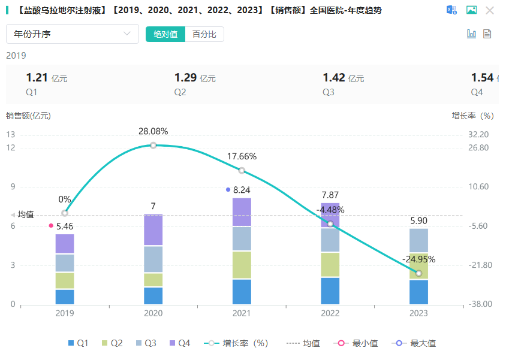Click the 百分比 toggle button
click(x=204, y=34)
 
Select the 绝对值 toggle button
click(x=165, y=34)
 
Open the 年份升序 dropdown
click(x=72, y=34)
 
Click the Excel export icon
click(x=451, y=10)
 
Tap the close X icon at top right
click(x=490, y=10)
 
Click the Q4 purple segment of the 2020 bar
click(x=153, y=230)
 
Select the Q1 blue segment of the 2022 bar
click(x=330, y=291)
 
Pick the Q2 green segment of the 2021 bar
click(x=242, y=265)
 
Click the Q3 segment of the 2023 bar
click(x=418, y=240)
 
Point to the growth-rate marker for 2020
click(x=153, y=146)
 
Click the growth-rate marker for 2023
click(x=418, y=274)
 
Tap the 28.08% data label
click(x=153, y=131)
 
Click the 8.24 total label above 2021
click(x=242, y=190)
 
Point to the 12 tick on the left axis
click(x=11, y=148)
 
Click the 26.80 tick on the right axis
click(x=478, y=148)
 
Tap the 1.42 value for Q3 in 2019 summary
click(x=335, y=78)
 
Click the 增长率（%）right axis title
click(x=473, y=116)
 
